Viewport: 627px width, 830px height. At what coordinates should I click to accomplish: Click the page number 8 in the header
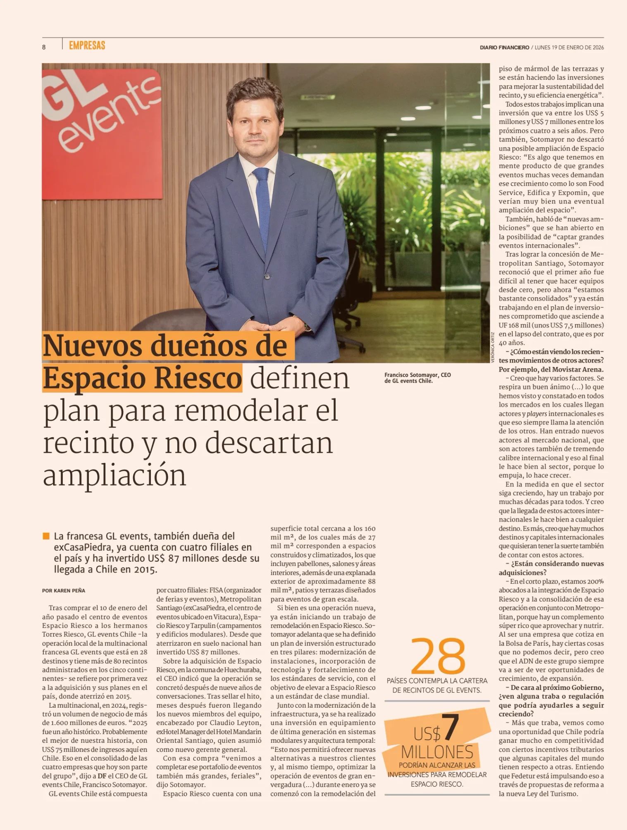(x=44, y=47)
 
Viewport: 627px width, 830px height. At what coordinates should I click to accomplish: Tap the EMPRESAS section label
(x=87, y=45)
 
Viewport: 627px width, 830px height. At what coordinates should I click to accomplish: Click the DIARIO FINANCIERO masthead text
(x=504, y=48)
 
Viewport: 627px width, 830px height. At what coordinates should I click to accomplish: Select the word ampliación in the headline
(x=114, y=475)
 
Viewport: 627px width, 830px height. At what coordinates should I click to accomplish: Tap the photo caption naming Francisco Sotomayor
(x=417, y=378)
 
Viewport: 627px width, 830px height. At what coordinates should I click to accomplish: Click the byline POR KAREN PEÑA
(x=64, y=591)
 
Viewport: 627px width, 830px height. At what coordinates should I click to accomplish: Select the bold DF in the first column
(x=102, y=776)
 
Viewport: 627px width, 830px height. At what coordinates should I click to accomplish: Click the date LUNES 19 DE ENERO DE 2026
(x=569, y=48)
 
